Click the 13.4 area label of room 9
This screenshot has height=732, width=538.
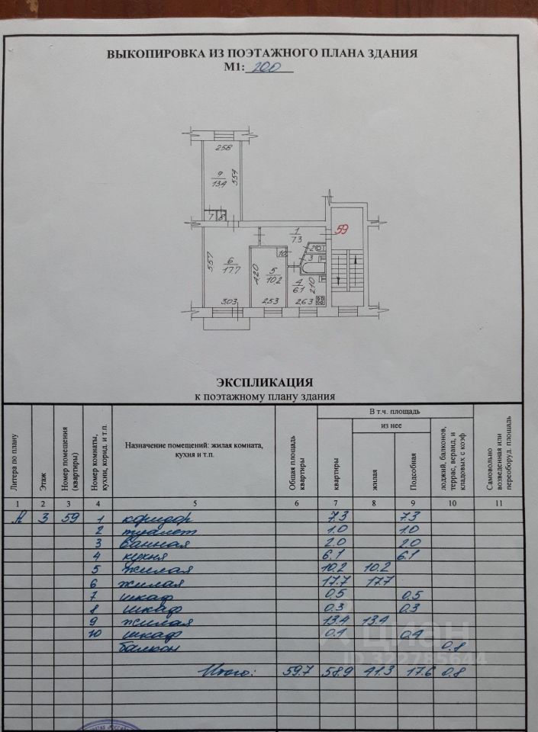click(x=219, y=183)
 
